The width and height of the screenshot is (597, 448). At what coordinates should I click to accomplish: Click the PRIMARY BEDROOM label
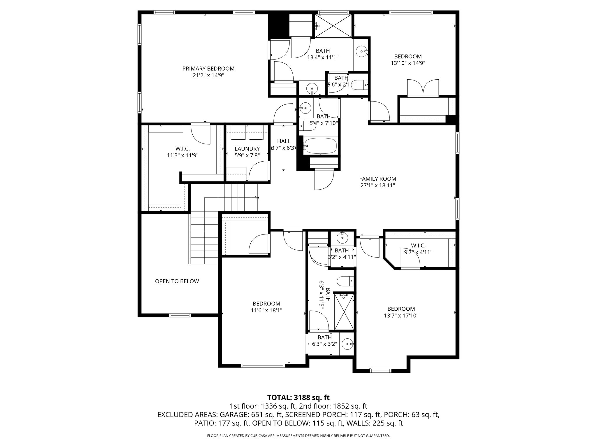tap(208, 69)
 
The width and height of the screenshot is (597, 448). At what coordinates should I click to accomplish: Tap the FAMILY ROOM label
tap(377, 179)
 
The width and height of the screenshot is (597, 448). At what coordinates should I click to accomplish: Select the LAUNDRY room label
tap(247, 149)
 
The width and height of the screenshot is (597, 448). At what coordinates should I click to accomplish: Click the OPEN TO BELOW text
tap(177, 281)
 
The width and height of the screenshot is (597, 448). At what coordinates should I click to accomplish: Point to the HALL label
tap(284, 141)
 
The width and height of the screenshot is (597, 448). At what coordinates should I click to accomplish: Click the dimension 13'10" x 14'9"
tap(408, 63)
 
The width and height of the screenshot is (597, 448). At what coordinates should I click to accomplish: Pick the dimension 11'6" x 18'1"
tap(266, 310)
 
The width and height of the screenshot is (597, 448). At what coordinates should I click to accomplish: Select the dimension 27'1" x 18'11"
tap(377, 185)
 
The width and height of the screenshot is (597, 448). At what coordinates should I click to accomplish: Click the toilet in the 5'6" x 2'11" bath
tap(361, 85)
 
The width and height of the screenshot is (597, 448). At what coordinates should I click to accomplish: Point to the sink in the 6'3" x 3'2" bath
tap(347, 344)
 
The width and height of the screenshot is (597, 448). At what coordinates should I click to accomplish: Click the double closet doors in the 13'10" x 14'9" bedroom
tap(423, 87)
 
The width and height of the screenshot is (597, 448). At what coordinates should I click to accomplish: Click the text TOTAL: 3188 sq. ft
tap(298, 398)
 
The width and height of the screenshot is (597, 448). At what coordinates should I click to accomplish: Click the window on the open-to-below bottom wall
tap(180, 315)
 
